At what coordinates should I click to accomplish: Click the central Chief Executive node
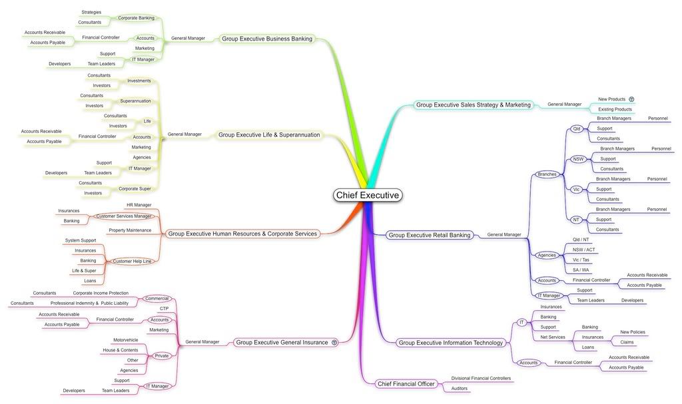(368, 195)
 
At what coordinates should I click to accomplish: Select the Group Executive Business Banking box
(267, 39)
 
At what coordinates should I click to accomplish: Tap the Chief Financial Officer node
(406, 383)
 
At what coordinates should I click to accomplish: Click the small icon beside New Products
(631, 99)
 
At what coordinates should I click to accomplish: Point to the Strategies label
(91, 12)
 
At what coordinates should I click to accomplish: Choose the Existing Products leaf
(615, 109)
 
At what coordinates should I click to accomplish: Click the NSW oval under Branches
(578, 159)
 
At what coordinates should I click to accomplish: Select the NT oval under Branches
(576, 220)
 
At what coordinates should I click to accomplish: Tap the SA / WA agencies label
(581, 270)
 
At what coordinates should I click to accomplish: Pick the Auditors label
(460, 388)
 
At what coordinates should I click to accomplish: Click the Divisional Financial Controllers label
(481, 378)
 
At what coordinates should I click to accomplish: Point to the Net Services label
(553, 337)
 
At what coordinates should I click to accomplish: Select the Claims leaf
(627, 342)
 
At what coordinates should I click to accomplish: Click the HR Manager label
(139, 205)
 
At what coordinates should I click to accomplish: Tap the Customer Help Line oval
(132, 262)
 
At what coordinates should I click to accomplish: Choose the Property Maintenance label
(130, 230)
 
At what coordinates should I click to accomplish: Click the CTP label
(164, 308)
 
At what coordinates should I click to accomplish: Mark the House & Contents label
(121, 350)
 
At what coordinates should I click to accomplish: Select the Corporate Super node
(135, 189)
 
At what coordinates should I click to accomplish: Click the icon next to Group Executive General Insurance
(334, 342)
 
